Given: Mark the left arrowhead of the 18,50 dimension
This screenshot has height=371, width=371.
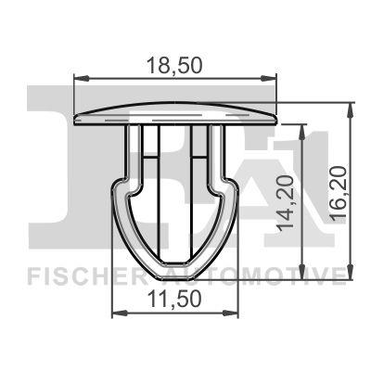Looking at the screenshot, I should click(x=77, y=81).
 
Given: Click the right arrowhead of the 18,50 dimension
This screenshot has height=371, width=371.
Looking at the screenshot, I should click(x=275, y=81).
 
